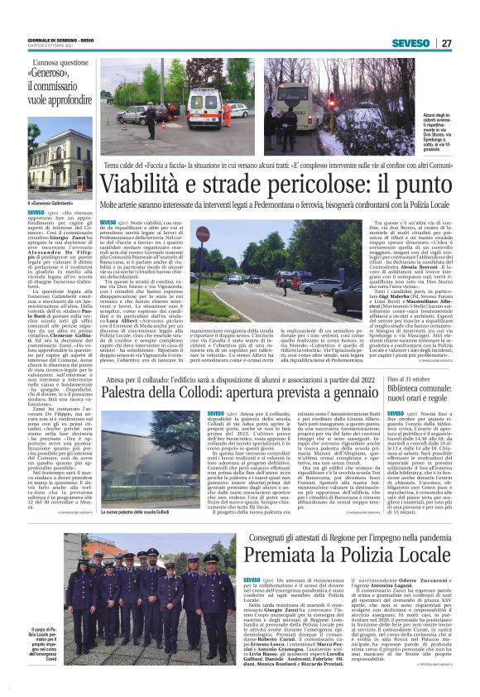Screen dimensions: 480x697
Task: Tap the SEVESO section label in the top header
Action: [x=411, y=43]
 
